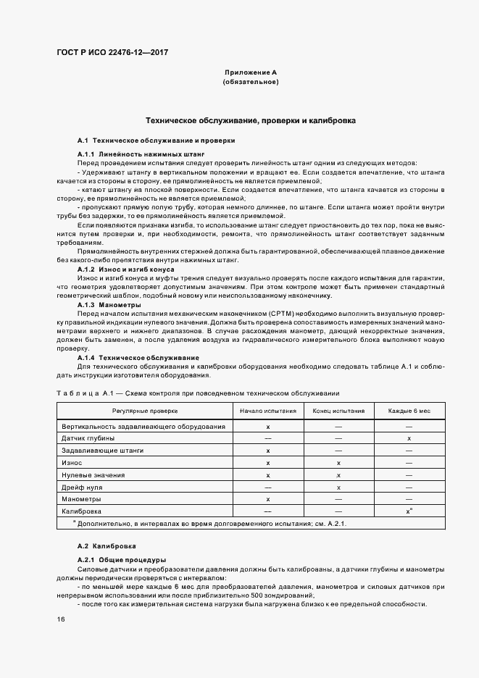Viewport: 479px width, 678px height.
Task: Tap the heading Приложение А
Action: point(250,73)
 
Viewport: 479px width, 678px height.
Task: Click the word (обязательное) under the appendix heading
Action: point(250,83)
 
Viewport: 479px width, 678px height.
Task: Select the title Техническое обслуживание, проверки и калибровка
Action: point(250,120)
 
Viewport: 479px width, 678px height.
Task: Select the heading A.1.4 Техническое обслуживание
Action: point(138,358)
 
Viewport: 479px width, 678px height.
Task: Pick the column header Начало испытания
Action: point(268,411)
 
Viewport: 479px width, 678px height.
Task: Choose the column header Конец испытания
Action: point(338,411)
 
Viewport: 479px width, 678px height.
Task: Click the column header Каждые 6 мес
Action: point(409,411)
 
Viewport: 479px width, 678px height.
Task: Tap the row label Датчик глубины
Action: point(88,438)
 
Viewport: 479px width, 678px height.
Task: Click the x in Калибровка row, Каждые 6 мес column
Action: point(409,512)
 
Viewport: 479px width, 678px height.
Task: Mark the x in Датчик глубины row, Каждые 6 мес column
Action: point(409,438)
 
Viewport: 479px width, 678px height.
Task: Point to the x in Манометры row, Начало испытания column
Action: point(268,500)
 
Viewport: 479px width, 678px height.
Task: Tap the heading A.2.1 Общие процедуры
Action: point(122,560)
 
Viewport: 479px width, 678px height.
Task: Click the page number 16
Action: point(61,619)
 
